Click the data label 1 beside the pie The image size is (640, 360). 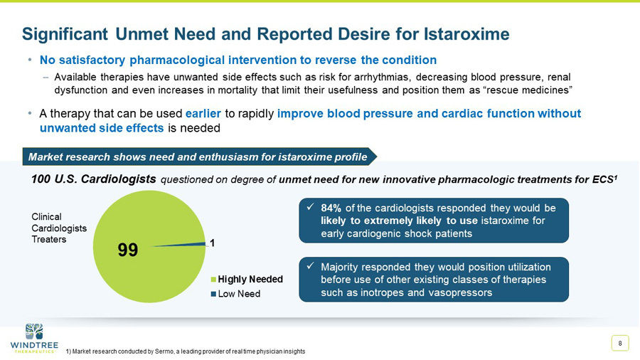click(211, 243)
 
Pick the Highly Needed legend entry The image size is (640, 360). click(249, 279)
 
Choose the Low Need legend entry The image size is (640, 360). click(238, 294)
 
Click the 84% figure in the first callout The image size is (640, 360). click(331, 208)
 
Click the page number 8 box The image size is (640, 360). click(620, 344)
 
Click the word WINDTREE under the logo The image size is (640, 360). click(34, 345)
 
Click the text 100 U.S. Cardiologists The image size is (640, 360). click(94, 179)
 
